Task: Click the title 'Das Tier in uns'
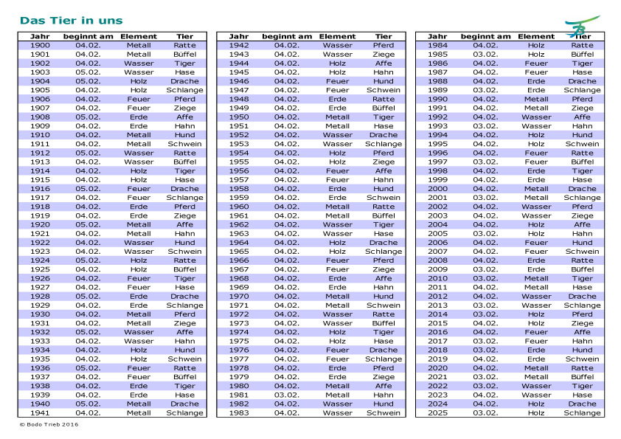(x=71, y=21)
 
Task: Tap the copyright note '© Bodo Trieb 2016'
(x=49, y=424)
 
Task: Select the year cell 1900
(x=41, y=45)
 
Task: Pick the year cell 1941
(x=41, y=412)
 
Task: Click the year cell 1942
(x=239, y=45)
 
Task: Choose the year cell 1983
(x=239, y=412)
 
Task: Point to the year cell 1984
(x=437, y=45)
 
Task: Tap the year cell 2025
(x=437, y=412)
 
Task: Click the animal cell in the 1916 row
(x=184, y=188)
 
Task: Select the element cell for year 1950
(x=337, y=117)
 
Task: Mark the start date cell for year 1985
(x=485, y=54)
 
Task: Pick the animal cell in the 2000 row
(x=582, y=188)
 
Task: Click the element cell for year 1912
(x=139, y=153)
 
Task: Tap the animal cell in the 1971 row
(x=384, y=305)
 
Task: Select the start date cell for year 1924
(x=88, y=260)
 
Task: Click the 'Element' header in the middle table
(x=337, y=36)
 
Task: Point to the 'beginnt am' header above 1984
(x=485, y=36)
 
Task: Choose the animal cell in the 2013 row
(x=582, y=305)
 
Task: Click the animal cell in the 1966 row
(x=384, y=260)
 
